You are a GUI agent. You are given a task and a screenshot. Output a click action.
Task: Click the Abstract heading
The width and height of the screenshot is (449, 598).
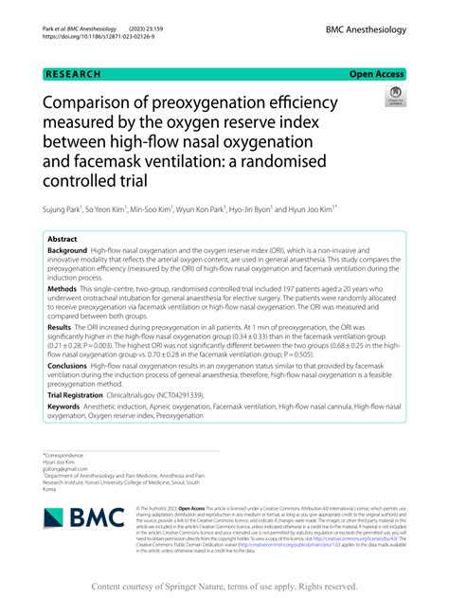(x=63, y=240)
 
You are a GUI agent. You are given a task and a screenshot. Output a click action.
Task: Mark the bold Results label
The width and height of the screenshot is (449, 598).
(x=60, y=325)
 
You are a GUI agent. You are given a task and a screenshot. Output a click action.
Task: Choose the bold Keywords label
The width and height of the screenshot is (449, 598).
(x=64, y=407)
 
